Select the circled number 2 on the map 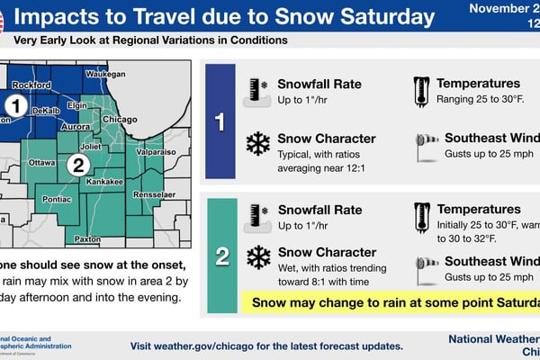78,165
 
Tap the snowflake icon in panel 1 257,145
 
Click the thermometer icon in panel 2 419,217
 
